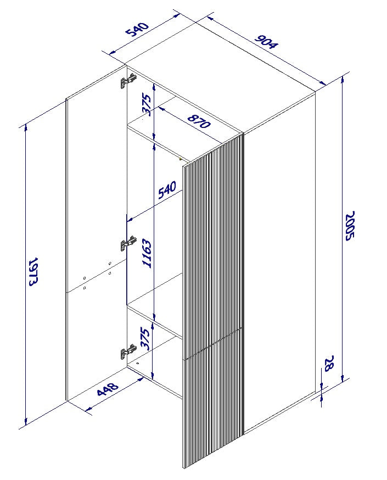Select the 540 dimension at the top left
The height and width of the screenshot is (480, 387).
138,30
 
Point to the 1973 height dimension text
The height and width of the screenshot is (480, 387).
32,272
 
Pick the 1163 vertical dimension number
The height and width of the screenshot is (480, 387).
147,253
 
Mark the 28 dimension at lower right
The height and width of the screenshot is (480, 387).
329,364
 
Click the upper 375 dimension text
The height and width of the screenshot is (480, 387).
146,104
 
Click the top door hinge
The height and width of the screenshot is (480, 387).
128,82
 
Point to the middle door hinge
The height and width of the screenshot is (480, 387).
129,243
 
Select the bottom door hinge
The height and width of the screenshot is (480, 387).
128,351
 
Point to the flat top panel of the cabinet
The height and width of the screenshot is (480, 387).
220,77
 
